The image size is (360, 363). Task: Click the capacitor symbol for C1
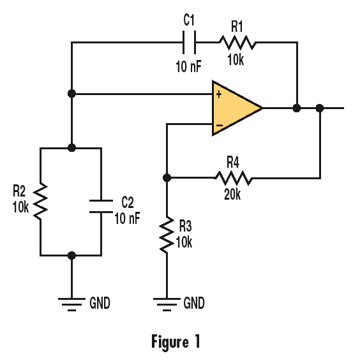tap(189, 43)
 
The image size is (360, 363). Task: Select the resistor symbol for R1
tap(237, 43)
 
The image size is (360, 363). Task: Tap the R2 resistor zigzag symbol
tap(40, 201)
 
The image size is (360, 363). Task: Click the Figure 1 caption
tap(176, 341)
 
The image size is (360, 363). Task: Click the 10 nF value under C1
tap(189, 64)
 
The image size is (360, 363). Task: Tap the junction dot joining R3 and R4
tap(166, 177)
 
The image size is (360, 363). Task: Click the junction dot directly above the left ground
tap(71, 255)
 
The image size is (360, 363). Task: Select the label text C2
tap(128, 202)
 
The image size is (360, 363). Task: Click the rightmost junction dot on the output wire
tap(320, 108)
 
